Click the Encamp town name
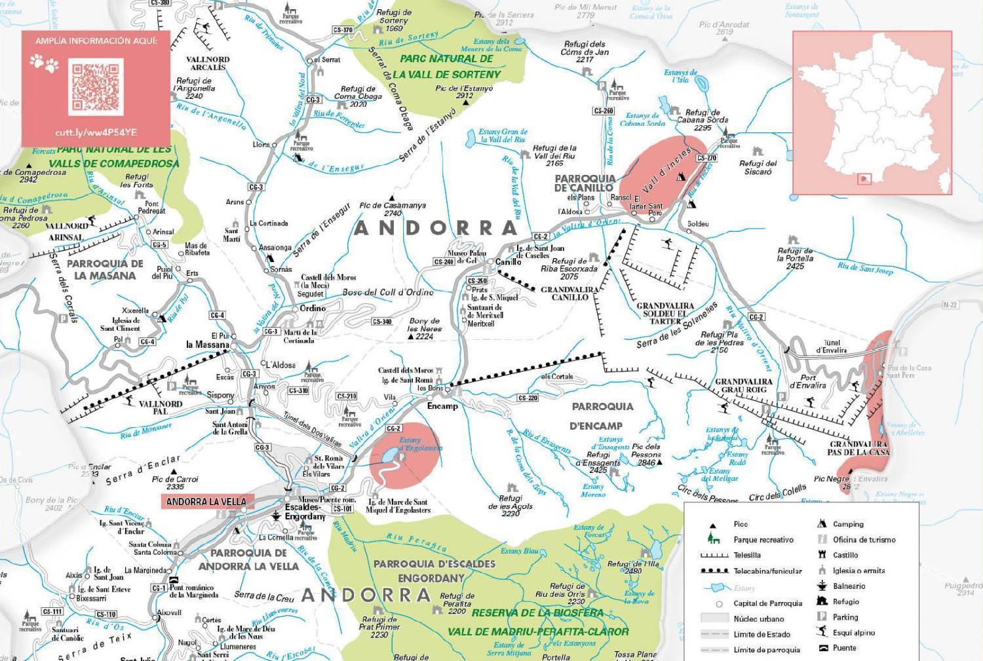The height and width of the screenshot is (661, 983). (442, 406)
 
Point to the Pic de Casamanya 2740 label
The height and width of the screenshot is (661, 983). (392, 209)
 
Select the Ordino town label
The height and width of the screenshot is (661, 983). (312, 308)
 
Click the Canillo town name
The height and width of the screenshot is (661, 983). (508, 262)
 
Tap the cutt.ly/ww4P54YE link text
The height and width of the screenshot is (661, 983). (96, 132)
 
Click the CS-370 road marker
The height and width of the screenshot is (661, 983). (343, 29)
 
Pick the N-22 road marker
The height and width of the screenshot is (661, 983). (950, 305)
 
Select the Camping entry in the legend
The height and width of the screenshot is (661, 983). (848, 524)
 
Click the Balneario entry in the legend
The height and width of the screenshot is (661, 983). (849, 586)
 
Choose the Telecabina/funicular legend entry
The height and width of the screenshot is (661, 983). (767, 571)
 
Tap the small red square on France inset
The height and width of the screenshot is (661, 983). (865, 178)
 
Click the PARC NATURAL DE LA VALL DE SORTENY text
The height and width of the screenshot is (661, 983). (446, 66)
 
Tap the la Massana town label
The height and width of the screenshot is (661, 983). (208, 345)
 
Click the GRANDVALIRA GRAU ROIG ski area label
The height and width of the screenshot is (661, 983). (743, 385)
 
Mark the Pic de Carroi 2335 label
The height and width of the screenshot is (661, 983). (175, 483)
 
